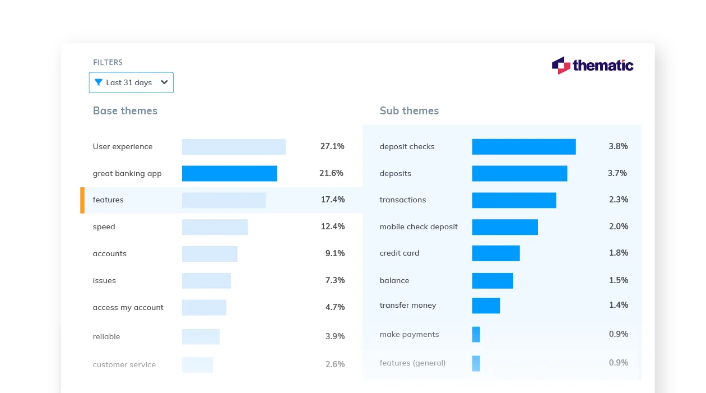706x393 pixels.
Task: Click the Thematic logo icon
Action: point(560,66)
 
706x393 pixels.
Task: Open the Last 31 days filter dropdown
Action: point(131,82)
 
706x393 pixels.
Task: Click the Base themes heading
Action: point(125,111)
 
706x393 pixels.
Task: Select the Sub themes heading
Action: point(409,111)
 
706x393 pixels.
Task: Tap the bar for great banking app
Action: point(229,173)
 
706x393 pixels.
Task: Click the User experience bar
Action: point(234,147)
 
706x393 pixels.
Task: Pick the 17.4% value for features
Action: point(332,200)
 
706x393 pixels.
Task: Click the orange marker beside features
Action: point(82,200)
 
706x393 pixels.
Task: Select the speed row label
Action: point(104,227)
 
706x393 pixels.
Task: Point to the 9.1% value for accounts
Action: point(335,253)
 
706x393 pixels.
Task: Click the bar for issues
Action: point(206,280)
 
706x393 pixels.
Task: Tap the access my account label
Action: point(128,307)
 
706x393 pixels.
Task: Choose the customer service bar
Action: point(197,364)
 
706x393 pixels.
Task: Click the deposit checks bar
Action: point(523,147)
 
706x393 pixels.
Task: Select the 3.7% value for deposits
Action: point(617,173)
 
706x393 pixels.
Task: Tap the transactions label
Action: point(402,200)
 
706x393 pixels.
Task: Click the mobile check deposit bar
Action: point(504,227)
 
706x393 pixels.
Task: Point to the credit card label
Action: point(399,253)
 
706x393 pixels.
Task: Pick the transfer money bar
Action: point(485,306)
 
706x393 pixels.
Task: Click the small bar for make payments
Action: point(476,335)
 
